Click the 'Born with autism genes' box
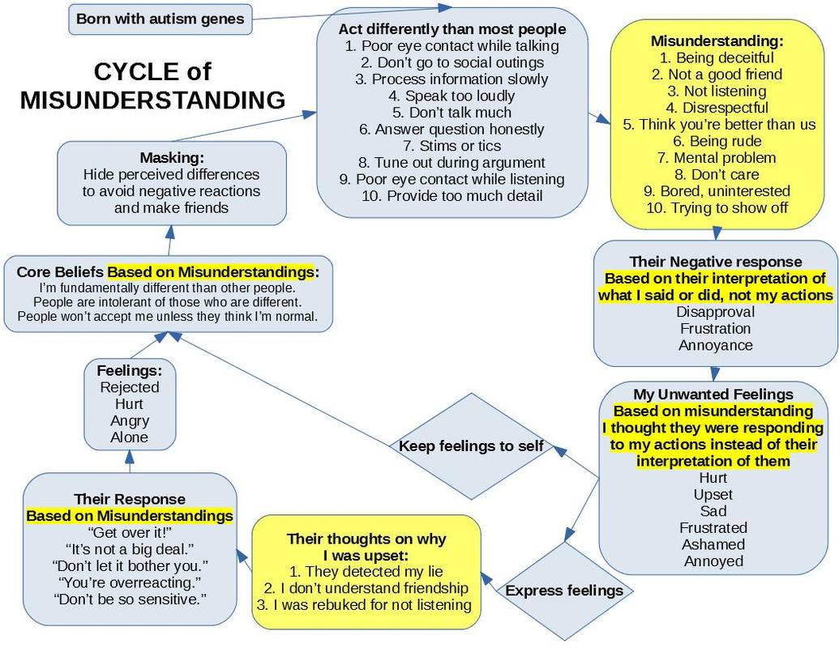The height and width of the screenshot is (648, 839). [x=160, y=19]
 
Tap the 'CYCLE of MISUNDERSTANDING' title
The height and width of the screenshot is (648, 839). [x=152, y=86]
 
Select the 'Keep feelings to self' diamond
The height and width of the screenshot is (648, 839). [x=471, y=446]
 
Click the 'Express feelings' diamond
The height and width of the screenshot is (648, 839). [x=564, y=590]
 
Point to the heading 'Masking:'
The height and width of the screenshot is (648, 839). [x=171, y=157]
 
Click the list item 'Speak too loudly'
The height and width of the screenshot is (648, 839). [x=452, y=96]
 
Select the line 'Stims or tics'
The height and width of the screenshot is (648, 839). [x=452, y=146]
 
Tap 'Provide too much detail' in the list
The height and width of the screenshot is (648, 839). [x=452, y=196]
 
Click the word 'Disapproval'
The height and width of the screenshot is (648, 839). [x=715, y=312]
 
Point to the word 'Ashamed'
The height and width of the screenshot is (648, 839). [x=713, y=544]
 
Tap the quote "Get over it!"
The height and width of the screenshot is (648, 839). [x=130, y=531]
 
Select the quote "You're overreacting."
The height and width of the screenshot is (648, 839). [x=130, y=582]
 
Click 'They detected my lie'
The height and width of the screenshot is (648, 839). [x=366, y=571]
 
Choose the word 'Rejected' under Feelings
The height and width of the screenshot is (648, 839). [x=130, y=387]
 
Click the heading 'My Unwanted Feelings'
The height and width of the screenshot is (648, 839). [x=713, y=394]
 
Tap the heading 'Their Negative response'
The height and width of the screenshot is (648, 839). [x=716, y=262]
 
